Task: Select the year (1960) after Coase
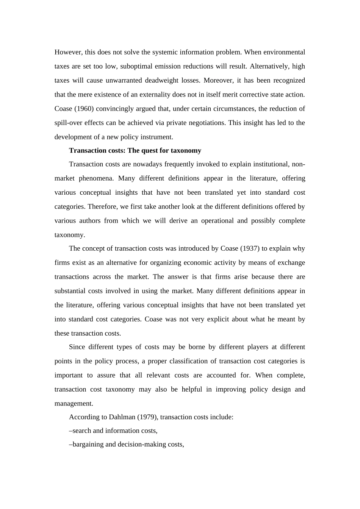click(85, 109)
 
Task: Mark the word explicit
click(215, 319)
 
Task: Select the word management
click(74, 404)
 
